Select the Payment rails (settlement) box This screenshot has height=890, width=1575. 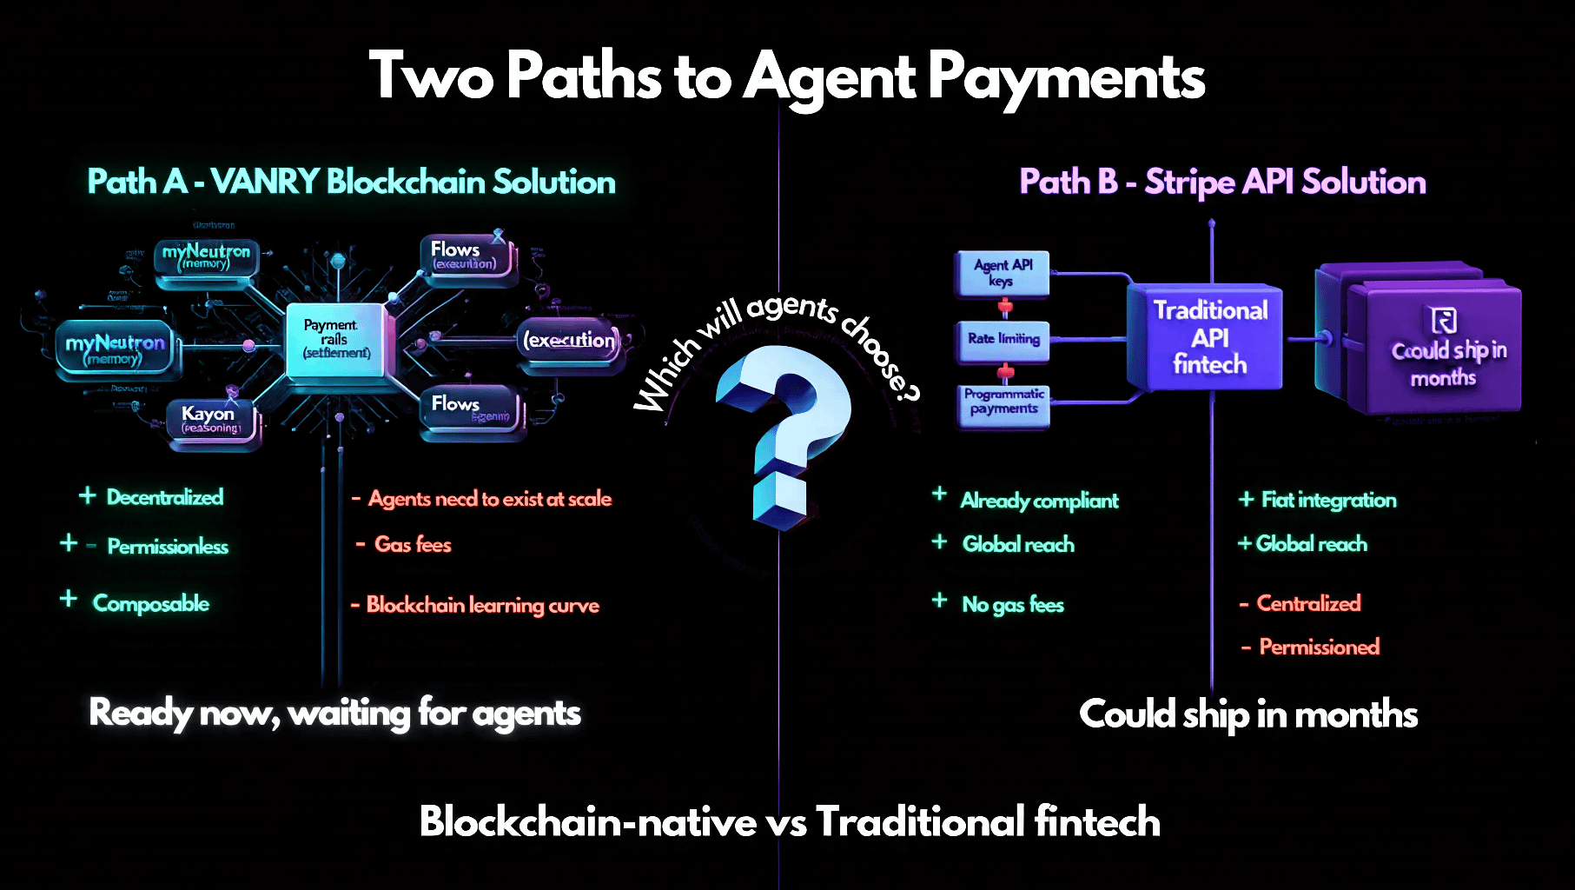(336, 339)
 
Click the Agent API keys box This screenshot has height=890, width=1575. (1003, 273)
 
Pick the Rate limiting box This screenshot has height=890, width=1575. (1003, 339)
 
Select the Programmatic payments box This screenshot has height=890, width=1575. (1003, 402)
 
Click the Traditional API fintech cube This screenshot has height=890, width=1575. (1208, 337)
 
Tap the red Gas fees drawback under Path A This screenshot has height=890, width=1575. (413, 545)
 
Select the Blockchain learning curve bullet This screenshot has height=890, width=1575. (482, 605)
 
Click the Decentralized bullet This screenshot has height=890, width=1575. (165, 497)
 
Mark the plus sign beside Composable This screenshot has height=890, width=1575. (69, 599)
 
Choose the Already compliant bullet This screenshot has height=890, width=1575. (1039, 501)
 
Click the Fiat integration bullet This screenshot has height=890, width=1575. (1328, 500)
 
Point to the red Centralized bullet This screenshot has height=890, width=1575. (1308, 603)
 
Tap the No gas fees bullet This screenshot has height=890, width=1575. (1013, 605)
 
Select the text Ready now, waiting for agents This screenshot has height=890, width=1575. (334, 714)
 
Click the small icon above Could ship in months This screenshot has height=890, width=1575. (1444, 321)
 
